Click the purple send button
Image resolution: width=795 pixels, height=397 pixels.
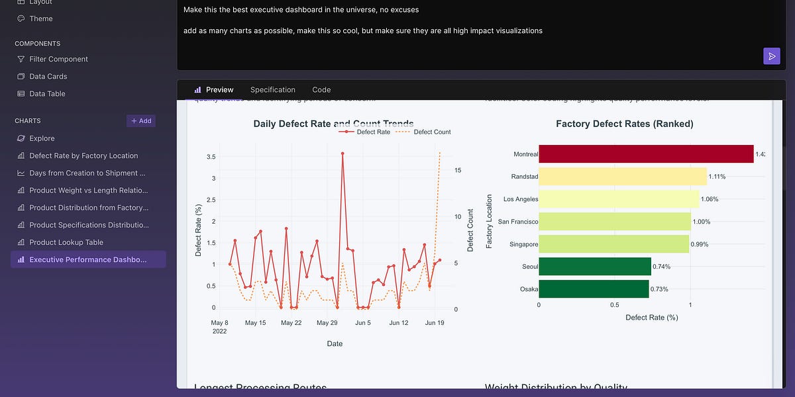coord(771,56)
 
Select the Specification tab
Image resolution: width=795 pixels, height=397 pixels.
coord(272,90)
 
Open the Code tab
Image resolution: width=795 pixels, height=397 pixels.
coord(321,90)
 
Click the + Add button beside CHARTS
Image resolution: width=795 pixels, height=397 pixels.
coord(141,121)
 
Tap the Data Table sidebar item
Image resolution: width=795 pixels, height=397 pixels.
coord(47,94)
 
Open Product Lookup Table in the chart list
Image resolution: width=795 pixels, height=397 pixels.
coord(66,242)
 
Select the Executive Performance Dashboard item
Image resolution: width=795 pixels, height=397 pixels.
coord(87,259)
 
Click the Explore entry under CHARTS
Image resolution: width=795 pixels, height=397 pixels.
coord(42,138)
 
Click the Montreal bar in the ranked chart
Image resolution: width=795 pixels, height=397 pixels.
coord(646,154)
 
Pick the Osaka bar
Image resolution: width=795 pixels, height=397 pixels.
coord(594,289)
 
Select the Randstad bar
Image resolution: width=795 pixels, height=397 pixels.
coord(623,177)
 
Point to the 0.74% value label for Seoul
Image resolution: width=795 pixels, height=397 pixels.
coord(661,267)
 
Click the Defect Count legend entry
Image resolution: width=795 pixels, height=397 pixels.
coord(432,132)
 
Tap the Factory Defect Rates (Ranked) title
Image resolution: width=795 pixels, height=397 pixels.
coord(625,124)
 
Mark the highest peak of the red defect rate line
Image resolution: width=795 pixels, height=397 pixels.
coord(343,154)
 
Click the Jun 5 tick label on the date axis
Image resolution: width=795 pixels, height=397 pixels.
coord(363,323)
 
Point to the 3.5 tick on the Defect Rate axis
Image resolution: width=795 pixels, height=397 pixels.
coord(211,157)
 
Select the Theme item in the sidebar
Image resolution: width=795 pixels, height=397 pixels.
coord(40,19)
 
